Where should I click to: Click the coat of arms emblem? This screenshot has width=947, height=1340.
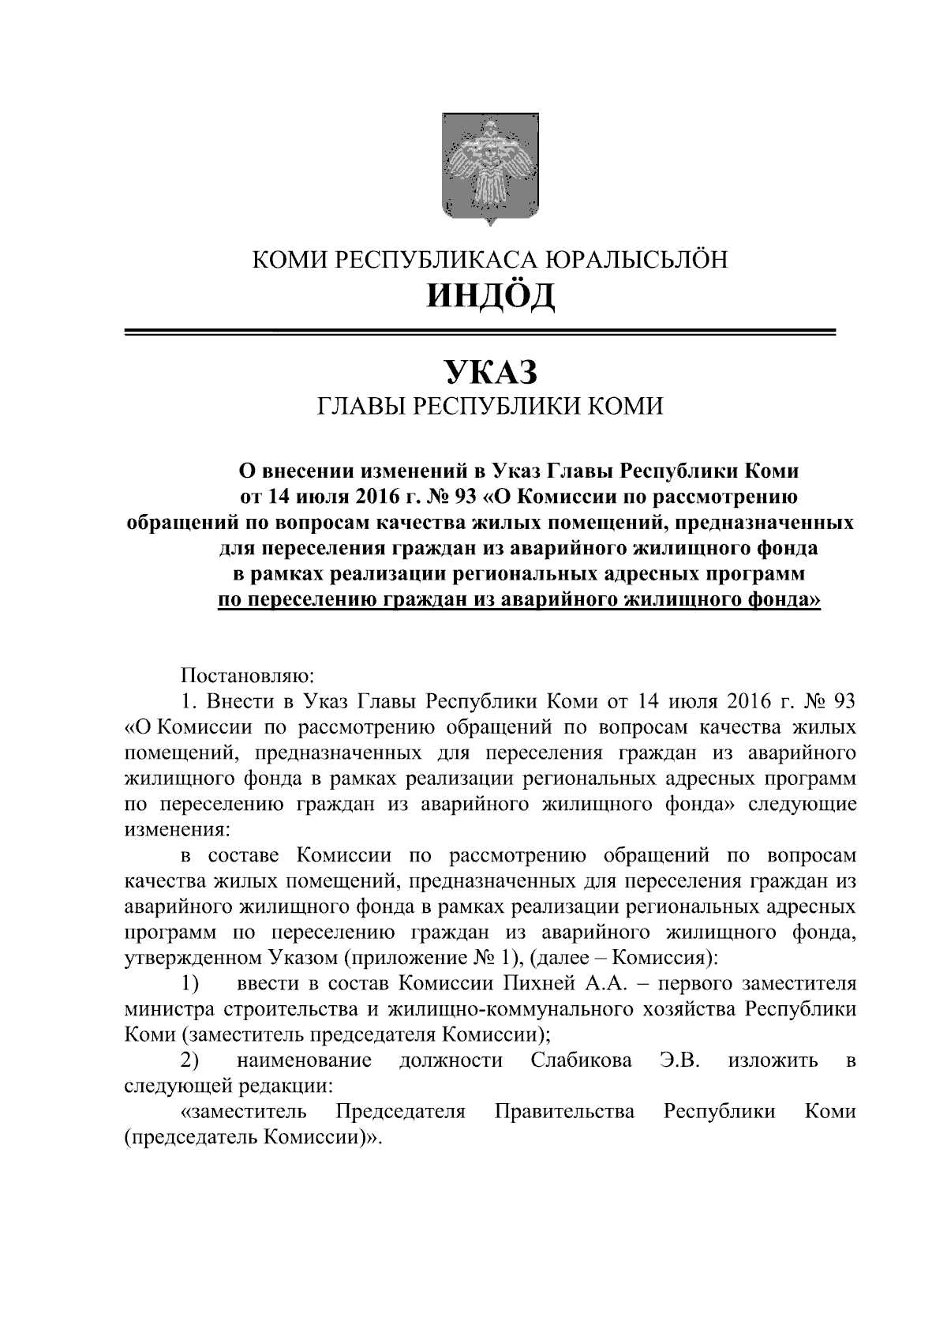(491, 168)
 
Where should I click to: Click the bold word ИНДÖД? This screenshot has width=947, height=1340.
(490, 296)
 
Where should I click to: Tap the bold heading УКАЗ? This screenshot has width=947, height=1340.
(490, 372)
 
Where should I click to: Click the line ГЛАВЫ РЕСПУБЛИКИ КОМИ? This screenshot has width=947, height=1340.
(490, 407)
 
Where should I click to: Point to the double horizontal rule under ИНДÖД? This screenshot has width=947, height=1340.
(481, 333)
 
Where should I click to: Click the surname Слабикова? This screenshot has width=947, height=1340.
(582, 1060)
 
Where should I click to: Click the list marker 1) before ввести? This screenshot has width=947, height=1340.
(189, 984)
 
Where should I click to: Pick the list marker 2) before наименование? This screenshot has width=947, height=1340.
(189, 1060)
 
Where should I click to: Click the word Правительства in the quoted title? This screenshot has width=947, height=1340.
(565, 1111)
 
